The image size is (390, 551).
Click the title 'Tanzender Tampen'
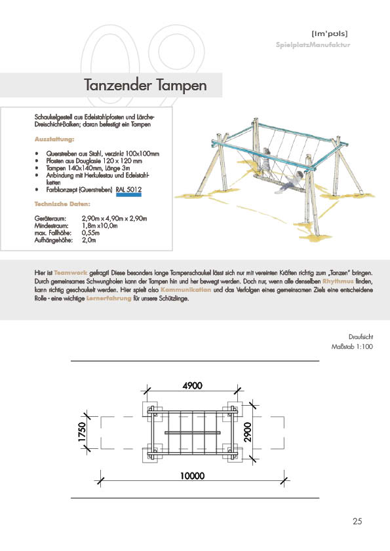[x=145, y=85]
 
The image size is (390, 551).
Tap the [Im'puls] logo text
[x=330, y=34]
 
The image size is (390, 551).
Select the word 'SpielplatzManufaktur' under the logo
[x=313, y=44]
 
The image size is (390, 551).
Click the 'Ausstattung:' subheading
[x=54, y=139]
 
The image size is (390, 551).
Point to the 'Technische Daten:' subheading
[x=62, y=204]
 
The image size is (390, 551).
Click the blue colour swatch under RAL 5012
[x=129, y=194]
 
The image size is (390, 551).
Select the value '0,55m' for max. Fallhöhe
[x=91, y=232]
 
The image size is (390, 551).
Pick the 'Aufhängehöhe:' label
[x=54, y=240]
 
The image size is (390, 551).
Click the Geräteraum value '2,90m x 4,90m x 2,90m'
[x=115, y=218]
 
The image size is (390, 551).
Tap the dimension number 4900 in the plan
[x=193, y=385]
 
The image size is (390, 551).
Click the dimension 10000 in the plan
[x=192, y=476]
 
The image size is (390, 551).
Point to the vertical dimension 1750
[x=81, y=432]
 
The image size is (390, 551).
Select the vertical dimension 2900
[x=248, y=432]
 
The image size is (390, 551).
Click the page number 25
[x=357, y=521]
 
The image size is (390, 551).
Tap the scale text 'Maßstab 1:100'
[x=352, y=346]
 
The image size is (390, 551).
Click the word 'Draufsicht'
[x=361, y=336]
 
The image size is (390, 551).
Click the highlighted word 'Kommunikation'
[x=186, y=289]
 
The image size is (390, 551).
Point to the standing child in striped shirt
[x=265, y=163]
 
